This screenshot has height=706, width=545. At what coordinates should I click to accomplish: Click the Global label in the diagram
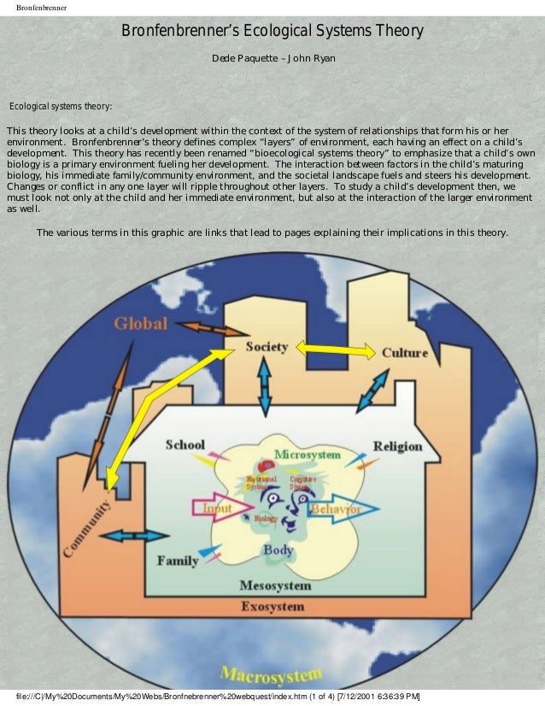[142, 325]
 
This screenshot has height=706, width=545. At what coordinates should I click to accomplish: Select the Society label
[267, 347]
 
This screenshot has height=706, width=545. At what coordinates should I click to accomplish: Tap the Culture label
[405, 352]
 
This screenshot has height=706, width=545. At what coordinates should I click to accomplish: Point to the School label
[185, 444]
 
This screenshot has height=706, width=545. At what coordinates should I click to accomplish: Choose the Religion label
[398, 445]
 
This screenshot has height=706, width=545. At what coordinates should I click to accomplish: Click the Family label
[178, 561]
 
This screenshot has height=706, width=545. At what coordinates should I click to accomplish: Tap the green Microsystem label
[308, 454]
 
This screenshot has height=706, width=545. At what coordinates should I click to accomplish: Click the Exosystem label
[272, 607]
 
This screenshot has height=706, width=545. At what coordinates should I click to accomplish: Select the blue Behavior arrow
[332, 509]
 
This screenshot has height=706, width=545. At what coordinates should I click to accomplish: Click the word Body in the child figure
[278, 550]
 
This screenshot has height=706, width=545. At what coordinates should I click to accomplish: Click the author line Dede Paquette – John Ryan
[273, 58]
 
